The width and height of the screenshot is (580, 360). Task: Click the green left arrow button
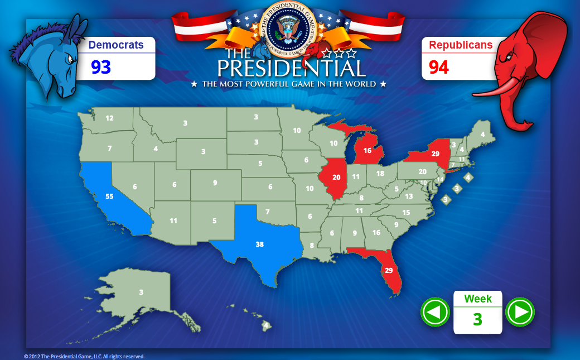(x=435, y=312)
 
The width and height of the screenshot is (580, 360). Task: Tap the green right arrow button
(x=520, y=312)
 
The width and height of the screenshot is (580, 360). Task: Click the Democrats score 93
(x=101, y=68)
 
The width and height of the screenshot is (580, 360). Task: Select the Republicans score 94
(x=439, y=68)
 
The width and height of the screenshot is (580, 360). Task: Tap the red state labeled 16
(x=368, y=151)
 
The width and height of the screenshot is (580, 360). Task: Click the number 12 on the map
(x=109, y=118)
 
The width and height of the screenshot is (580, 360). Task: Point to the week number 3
(x=477, y=320)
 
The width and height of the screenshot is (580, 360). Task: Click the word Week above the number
(x=478, y=299)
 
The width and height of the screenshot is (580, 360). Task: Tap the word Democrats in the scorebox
(x=116, y=45)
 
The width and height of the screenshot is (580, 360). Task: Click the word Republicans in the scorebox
(x=461, y=45)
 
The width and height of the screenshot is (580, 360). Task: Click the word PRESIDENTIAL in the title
(x=291, y=69)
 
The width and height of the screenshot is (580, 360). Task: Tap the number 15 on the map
(x=406, y=213)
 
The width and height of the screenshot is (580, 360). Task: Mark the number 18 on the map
(x=380, y=174)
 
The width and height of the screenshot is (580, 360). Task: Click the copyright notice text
(x=84, y=356)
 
